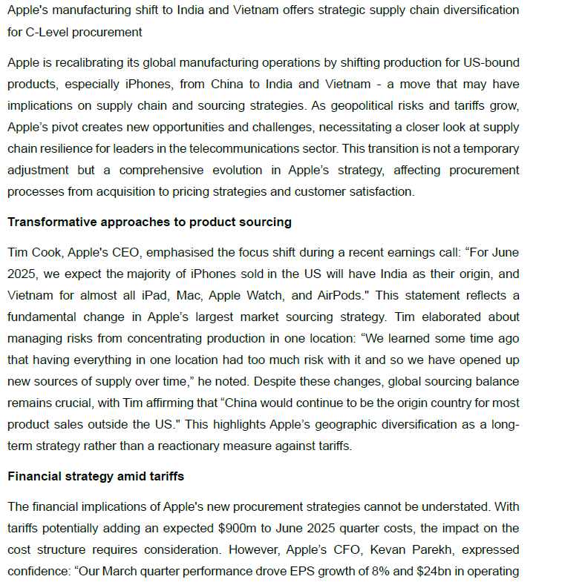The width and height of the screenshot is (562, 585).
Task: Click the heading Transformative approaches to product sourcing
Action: pyautogui.click(x=149, y=222)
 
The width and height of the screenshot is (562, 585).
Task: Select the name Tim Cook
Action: pyautogui.click(x=33, y=252)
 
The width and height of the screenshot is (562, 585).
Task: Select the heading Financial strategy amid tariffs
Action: pyautogui.click(x=96, y=476)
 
